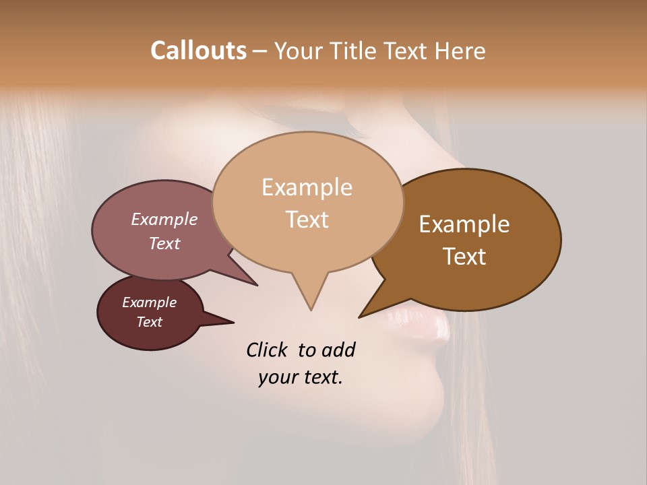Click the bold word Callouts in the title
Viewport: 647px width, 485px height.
198,51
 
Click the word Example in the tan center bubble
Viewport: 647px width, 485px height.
307,187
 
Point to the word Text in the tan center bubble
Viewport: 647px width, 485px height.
307,220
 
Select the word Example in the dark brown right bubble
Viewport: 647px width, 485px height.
464,224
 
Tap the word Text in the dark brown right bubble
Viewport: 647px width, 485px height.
465,257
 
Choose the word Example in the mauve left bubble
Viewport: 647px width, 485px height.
164,219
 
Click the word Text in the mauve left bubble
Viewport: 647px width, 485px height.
164,243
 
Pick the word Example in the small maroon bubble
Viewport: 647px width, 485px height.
149,302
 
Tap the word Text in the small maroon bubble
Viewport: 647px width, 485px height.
149,322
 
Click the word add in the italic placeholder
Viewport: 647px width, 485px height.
338,350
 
